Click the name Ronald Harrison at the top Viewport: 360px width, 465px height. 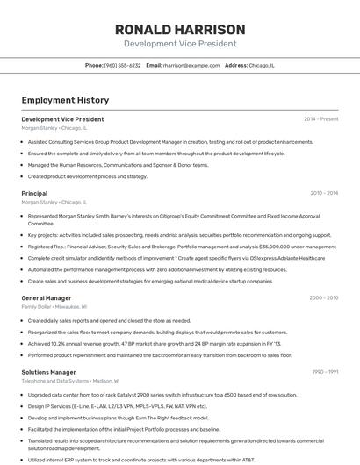tap(179, 29)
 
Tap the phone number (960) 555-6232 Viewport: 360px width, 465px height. tap(122, 65)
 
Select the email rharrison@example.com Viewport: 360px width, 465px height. tap(191, 65)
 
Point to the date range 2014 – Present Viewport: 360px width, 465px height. tap(320, 119)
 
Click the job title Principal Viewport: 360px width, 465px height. tap(34, 193)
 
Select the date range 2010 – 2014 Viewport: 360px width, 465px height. tap(323, 193)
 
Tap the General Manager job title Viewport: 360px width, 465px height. tap(46, 298)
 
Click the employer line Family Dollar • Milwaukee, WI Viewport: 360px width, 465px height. tap(54, 307)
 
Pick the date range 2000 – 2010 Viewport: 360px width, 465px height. tap(323, 298)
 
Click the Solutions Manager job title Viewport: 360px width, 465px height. tap(48, 372)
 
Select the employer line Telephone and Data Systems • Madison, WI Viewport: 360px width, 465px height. tap(69, 381)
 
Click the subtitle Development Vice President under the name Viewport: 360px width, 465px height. tap(179, 44)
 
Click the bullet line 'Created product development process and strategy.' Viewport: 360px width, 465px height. tap(88, 176)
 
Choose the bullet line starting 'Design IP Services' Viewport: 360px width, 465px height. tap(118, 406)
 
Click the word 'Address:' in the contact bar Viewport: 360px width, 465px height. tap(236, 65)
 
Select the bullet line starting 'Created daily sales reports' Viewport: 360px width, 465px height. tap(109, 321)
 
